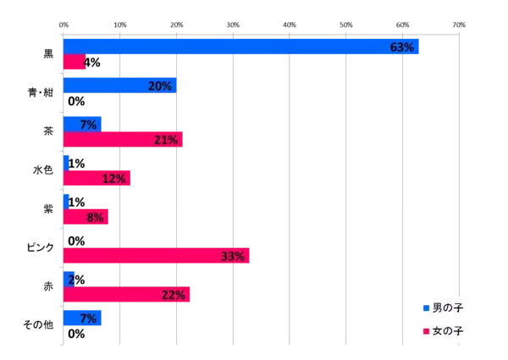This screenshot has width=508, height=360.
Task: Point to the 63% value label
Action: tap(401, 47)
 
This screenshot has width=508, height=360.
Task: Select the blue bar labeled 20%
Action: tap(119, 85)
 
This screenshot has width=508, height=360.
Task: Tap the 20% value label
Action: tap(159, 86)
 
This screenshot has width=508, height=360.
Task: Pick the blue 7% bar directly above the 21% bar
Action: tap(81, 124)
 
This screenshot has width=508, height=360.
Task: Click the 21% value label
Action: tap(165, 140)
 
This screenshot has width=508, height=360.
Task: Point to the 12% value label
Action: tap(113, 179)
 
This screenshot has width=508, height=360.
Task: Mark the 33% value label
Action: tap(233, 256)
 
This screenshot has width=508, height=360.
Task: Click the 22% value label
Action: tap(173, 295)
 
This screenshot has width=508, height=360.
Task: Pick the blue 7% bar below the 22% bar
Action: tap(81, 318)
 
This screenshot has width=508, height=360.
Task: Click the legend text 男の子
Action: tap(448, 307)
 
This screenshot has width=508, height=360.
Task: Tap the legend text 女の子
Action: tap(448, 330)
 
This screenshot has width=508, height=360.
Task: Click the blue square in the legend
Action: tap(426, 307)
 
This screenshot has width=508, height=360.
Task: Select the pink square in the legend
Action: tap(426, 330)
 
